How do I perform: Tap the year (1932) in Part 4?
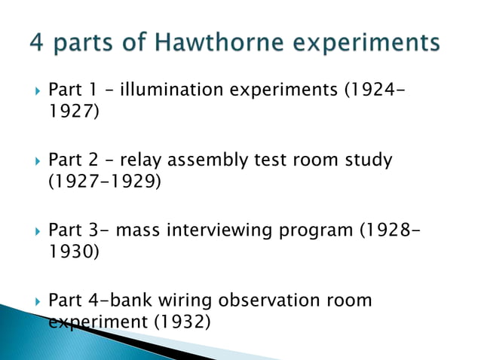point(182,321)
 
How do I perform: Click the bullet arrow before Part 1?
point(29,91)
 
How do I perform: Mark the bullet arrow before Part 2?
point(29,161)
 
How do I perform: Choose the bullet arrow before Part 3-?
point(29,231)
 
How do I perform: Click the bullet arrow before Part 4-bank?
point(29,301)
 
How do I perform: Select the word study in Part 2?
point(366,161)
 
